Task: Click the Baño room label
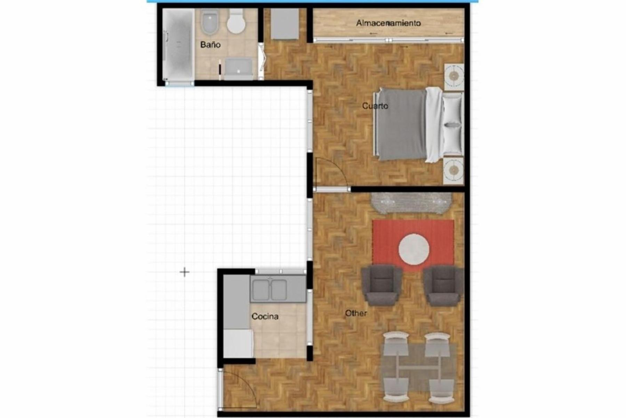[x=210, y=45]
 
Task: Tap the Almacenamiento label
[x=388, y=23]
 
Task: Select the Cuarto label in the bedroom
[x=375, y=106]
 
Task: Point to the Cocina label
[x=265, y=316]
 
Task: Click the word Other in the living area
[x=356, y=313]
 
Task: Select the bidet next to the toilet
[x=209, y=22]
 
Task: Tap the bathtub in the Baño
[x=178, y=45]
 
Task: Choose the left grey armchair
[x=382, y=285]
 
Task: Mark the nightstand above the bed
[x=454, y=76]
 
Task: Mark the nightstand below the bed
[x=454, y=170]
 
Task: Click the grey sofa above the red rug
[x=411, y=203]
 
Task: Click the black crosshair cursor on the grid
[x=184, y=272]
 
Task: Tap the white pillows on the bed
[x=453, y=124]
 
